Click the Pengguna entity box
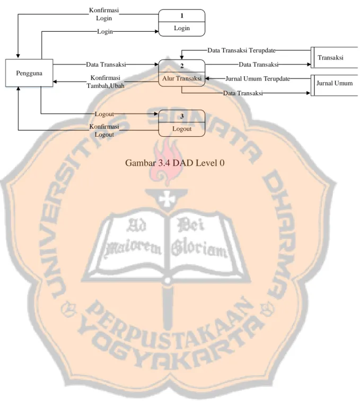[x=29, y=73]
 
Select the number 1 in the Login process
[x=182, y=16]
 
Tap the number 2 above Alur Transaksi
[x=182, y=66]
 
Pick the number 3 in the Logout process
[x=182, y=116]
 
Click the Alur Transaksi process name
[x=182, y=78]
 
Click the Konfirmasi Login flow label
[x=104, y=14]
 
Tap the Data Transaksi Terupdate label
[x=242, y=50]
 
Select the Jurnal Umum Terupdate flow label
[x=258, y=78]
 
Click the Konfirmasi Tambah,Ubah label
[x=106, y=82]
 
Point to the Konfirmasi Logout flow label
[x=104, y=130]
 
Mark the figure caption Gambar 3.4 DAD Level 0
[x=175, y=163]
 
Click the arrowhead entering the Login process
[x=157, y=31]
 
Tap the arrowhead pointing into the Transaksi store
[x=309, y=65]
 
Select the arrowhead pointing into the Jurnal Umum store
[x=309, y=93]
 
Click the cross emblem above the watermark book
[x=167, y=199]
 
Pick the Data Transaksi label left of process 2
[x=106, y=65]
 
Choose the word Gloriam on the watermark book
[x=199, y=249]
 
